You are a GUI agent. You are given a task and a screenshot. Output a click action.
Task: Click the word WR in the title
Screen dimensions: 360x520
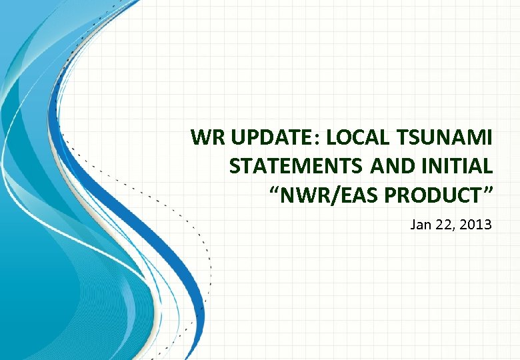[x=207, y=139]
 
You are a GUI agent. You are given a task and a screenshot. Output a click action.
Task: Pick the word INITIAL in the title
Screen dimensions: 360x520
[x=456, y=167]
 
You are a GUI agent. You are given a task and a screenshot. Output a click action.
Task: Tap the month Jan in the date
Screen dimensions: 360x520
[x=421, y=225]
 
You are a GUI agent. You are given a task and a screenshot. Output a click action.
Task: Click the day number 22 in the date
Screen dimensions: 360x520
[x=444, y=225]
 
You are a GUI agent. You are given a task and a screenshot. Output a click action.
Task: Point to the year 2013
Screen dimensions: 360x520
[x=476, y=225]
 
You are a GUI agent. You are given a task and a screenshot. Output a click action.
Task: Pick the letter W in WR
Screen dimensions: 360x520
[x=201, y=139]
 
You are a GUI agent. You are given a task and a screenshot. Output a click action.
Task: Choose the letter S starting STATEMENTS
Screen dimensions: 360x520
[x=235, y=167]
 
